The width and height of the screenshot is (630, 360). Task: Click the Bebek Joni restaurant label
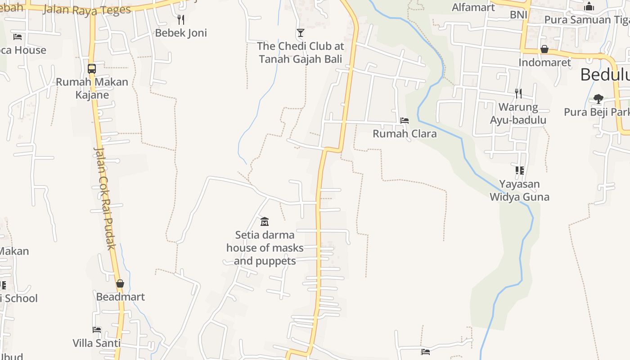tap(181, 33)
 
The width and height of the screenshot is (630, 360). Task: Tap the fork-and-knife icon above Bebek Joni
tap(181, 19)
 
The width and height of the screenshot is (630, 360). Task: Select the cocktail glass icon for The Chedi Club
tap(300, 32)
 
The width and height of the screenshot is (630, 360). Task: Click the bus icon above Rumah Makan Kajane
tap(92, 69)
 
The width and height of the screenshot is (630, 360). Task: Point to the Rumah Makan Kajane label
tap(92, 88)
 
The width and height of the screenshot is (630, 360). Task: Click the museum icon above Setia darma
tap(265, 221)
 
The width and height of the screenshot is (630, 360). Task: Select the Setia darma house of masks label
tap(265, 247)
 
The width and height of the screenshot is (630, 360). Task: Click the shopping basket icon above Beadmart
tap(120, 283)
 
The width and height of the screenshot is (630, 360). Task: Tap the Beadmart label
tap(120, 297)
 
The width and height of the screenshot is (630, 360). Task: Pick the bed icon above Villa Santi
tap(97, 329)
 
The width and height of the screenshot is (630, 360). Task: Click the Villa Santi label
tap(97, 343)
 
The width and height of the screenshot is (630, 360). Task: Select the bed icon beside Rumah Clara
tap(405, 121)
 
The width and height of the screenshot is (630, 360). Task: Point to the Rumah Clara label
tap(405, 134)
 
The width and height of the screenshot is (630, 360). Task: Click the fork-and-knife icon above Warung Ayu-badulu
tap(518, 94)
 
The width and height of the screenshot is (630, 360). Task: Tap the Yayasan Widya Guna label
tap(519, 190)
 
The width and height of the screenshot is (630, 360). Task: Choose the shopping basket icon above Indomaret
tap(544, 49)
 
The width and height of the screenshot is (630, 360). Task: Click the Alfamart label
tap(473, 7)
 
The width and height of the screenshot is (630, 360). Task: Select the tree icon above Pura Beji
tap(598, 99)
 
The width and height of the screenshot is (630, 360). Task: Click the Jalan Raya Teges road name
tap(87, 10)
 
